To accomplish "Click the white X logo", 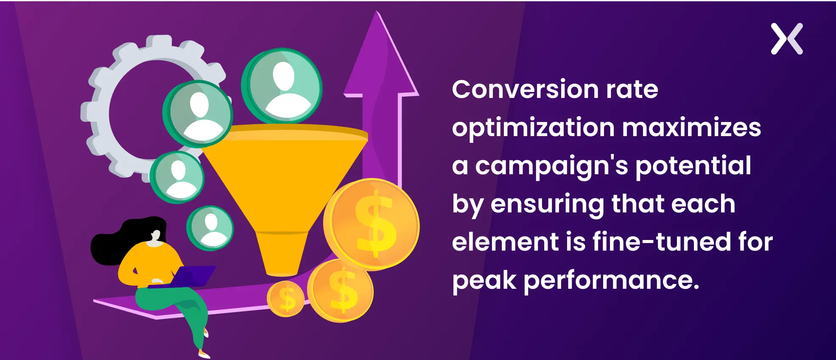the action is click(x=787, y=39).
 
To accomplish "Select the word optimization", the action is click(x=533, y=128).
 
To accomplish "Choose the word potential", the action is click(x=693, y=166).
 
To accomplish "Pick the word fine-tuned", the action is click(x=662, y=242).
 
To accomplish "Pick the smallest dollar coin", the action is click(x=286, y=299).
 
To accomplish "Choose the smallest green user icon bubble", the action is click(x=210, y=228).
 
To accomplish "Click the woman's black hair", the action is click(x=123, y=240).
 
